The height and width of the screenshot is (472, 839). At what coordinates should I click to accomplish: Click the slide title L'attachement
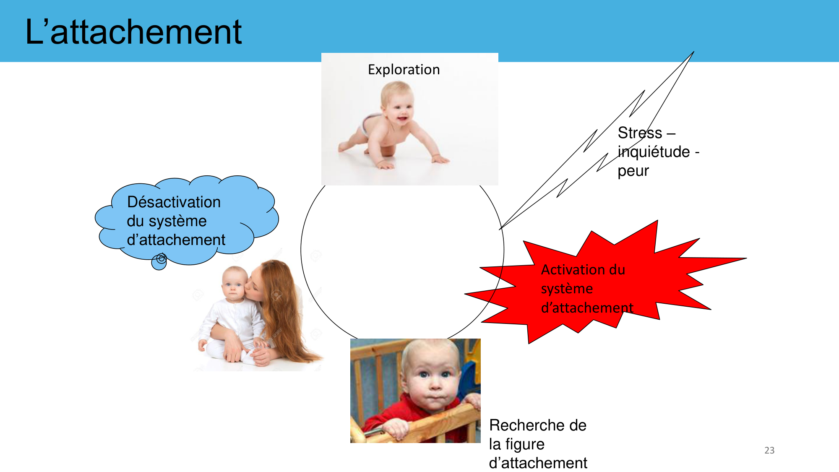(133, 32)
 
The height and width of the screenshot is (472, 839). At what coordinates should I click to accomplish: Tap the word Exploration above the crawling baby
(404, 70)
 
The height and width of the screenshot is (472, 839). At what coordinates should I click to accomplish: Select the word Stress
(640, 133)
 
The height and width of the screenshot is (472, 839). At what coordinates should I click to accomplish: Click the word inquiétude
(654, 152)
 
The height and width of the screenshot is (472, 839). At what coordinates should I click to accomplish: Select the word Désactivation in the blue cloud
(174, 202)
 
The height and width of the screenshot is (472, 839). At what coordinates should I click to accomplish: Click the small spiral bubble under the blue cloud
(159, 261)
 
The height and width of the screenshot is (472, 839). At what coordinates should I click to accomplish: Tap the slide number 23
(769, 450)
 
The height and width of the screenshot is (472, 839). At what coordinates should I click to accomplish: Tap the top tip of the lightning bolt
(693, 52)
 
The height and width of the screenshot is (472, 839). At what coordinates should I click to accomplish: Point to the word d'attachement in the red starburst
(587, 308)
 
